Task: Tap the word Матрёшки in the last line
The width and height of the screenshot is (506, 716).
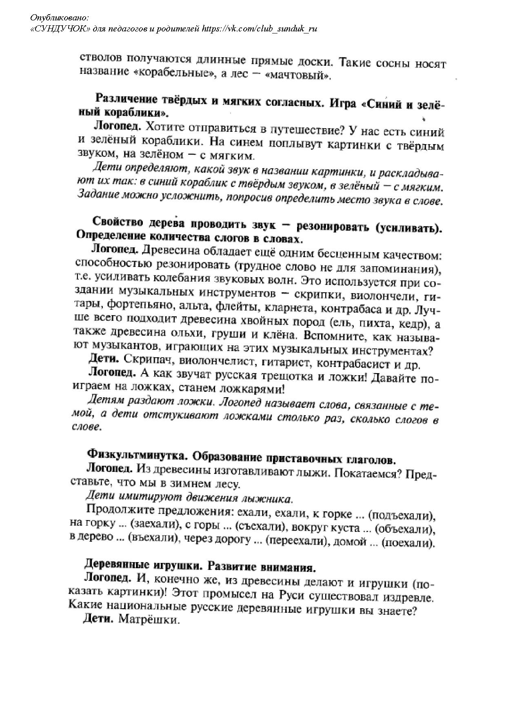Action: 149,631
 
